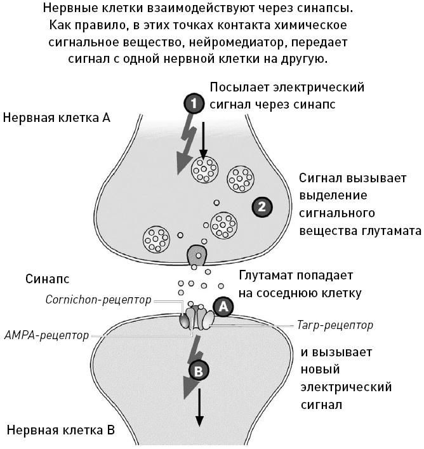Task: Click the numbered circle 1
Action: [195, 102]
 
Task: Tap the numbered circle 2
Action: [262, 205]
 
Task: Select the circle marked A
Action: [222, 305]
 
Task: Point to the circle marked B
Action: [198, 372]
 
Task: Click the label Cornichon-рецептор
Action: [98, 300]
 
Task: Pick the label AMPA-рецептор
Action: [46, 335]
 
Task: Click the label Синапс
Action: [48, 279]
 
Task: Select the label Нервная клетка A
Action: [56, 117]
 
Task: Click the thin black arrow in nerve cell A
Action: [203, 137]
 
